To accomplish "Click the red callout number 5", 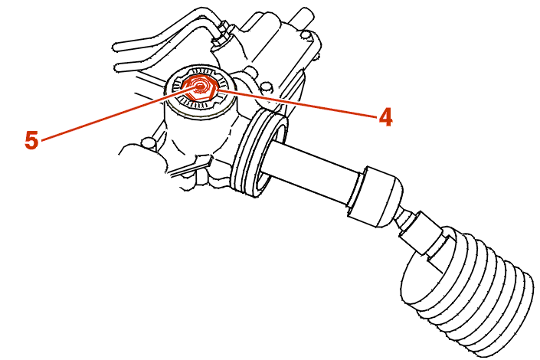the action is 31,140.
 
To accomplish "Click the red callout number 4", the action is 385,116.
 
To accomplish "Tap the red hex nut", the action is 200,87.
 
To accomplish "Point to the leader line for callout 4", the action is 298,103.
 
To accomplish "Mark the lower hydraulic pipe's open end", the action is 118,67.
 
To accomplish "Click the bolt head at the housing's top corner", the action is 304,34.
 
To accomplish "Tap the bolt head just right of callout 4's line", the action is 264,86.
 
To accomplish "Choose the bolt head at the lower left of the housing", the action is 148,142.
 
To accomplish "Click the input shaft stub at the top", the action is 303,15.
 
